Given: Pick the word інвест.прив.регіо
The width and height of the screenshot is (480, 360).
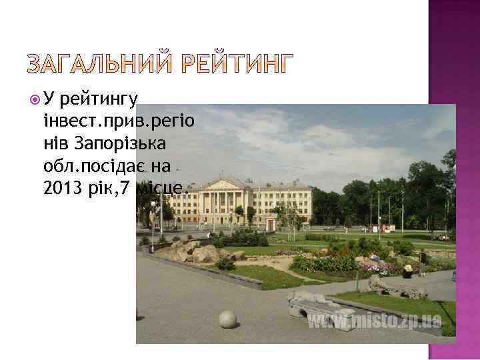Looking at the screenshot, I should point(117,122).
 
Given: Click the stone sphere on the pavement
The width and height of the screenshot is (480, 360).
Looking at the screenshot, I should point(228,319).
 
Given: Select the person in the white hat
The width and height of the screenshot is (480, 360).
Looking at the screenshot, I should point(407,271).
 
